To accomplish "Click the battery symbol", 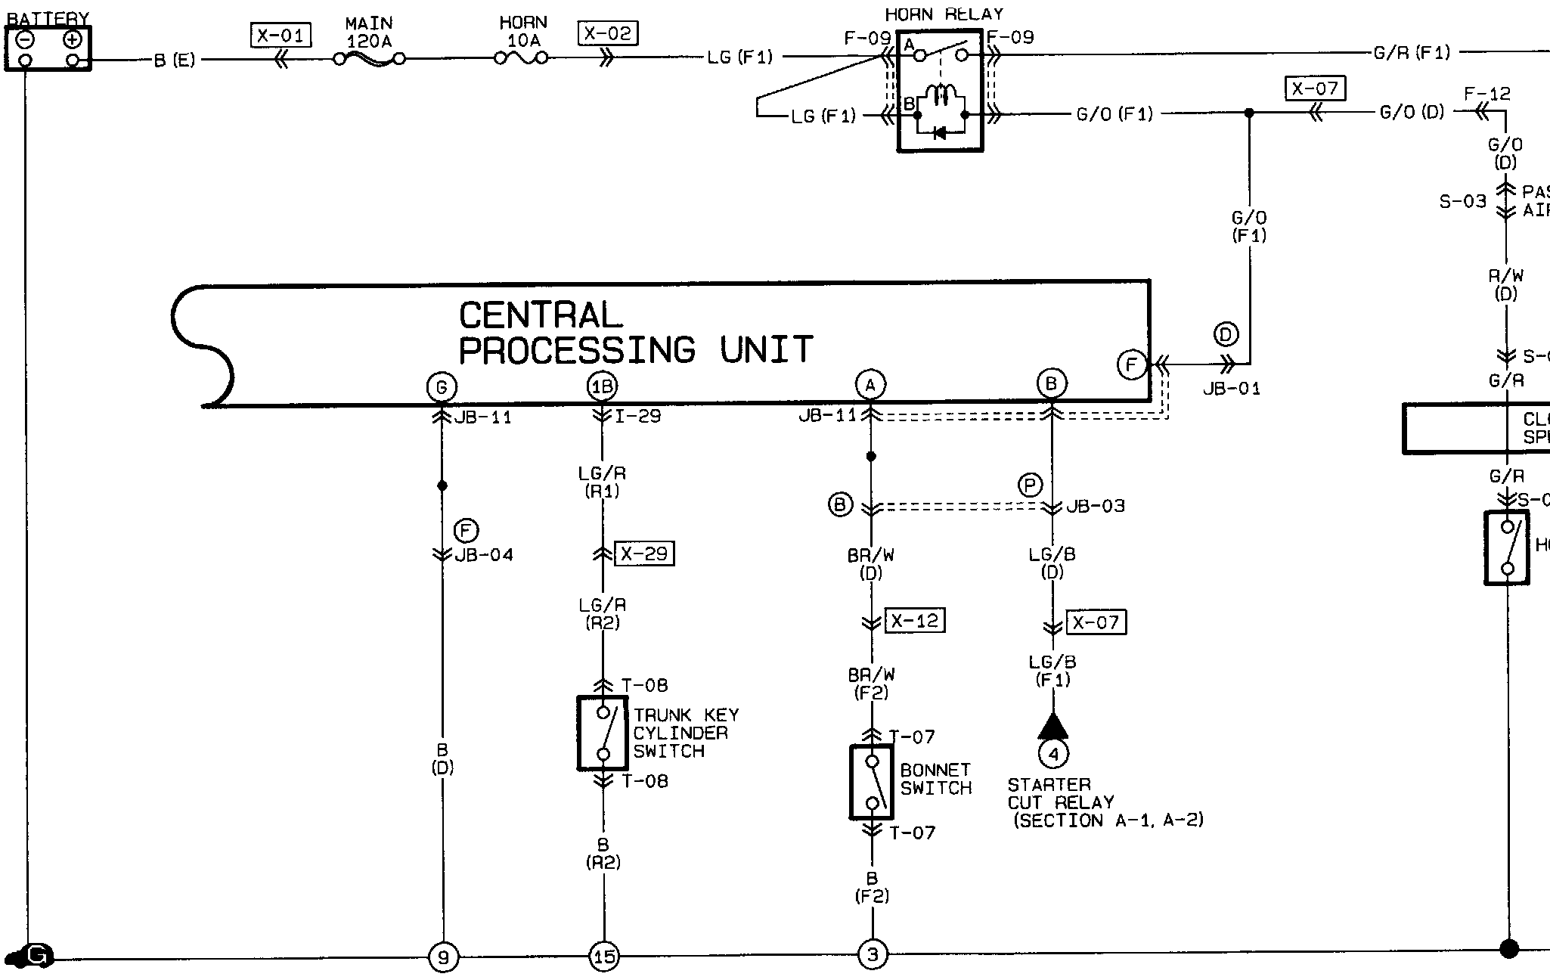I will tap(48, 49).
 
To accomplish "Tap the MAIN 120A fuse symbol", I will tap(369, 58).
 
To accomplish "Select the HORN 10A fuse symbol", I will tap(522, 57).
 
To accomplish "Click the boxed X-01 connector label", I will tap(281, 35).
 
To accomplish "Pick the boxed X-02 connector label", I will tap(607, 33).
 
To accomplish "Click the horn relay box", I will tap(940, 91).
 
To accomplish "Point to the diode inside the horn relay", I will tap(940, 133).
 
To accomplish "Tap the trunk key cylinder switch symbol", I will tap(603, 733).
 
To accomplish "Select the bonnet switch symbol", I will tap(872, 782).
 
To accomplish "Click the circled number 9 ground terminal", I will tap(443, 957).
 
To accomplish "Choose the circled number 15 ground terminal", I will tap(604, 957).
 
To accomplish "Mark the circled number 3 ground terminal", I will tap(873, 954).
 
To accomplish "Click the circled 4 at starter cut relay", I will tap(1053, 753).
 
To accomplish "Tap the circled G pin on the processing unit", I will tap(442, 387).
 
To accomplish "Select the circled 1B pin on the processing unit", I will tap(603, 386).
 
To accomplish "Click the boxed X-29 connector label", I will tap(644, 554).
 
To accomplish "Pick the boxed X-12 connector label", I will tap(915, 621).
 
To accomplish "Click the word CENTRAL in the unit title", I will tap(541, 315).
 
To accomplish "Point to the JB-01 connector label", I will tap(1232, 389).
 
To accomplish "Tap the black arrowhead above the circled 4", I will tap(1053, 727).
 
